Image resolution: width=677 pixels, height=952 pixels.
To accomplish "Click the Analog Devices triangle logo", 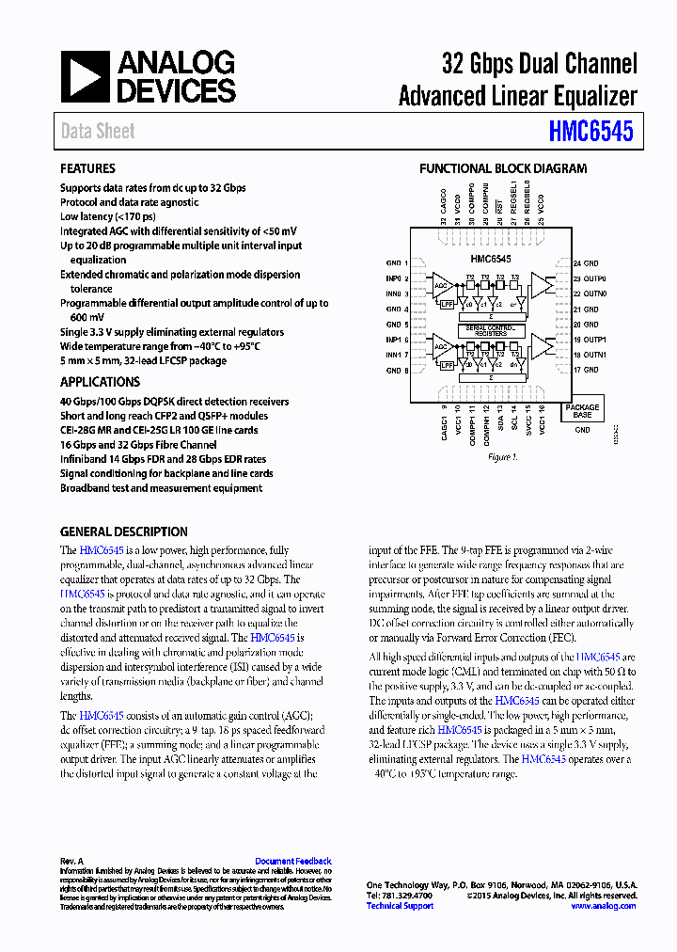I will (x=86, y=77).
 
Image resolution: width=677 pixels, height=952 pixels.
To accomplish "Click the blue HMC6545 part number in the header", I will (x=592, y=132).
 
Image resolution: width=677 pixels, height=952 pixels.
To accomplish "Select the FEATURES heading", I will (x=87, y=168).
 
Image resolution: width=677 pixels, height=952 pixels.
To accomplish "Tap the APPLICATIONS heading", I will (x=100, y=382).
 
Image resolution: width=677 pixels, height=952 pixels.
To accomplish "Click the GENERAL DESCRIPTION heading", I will (x=123, y=532).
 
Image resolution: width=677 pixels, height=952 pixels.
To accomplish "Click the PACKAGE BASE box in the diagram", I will (x=582, y=411).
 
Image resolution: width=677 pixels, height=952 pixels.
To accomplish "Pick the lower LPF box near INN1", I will (x=448, y=364).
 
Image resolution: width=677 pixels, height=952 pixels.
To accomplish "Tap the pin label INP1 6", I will (x=397, y=340).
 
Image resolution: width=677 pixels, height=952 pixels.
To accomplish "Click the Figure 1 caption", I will (x=502, y=457).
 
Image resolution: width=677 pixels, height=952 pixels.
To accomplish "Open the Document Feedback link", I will (x=292, y=861).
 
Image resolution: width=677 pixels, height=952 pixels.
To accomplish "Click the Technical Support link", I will (x=400, y=906).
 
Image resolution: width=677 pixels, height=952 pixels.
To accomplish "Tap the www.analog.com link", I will (x=603, y=906).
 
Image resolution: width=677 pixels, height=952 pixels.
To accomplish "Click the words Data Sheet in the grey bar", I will (x=98, y=132).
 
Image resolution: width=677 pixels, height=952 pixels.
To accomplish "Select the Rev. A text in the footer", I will (x=72, y=861).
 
